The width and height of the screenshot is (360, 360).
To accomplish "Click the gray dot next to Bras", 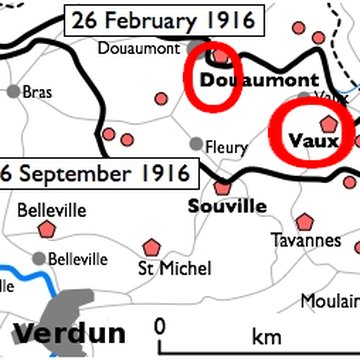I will [x=13, y=91].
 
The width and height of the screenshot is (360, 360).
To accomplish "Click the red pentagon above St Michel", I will [x=151, y=246].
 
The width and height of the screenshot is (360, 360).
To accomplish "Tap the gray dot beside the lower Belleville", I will [x=38, y=258].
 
